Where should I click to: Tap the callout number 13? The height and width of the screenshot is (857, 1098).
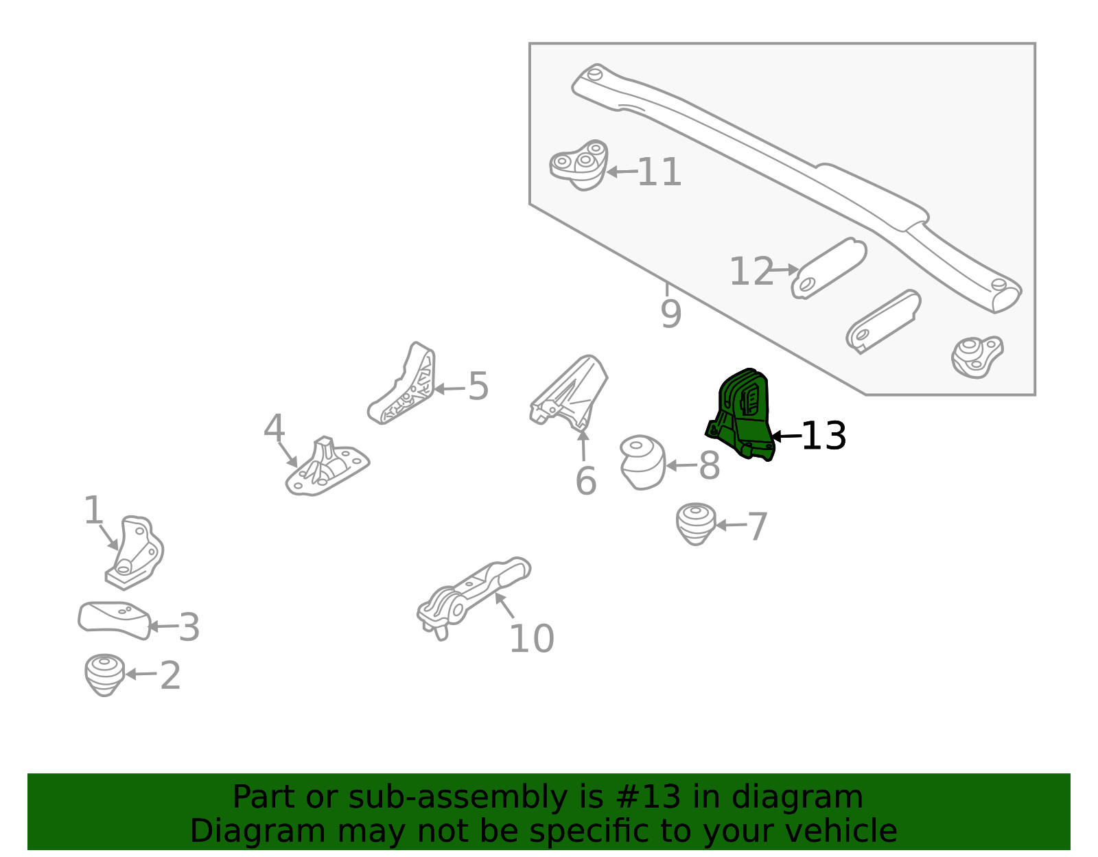tap(823, 436)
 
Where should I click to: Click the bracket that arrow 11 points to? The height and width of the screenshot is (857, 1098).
tap(579, 165)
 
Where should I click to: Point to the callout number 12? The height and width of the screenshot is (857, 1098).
tap(751, 271)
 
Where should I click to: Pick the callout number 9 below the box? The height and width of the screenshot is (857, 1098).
tap(671, 314)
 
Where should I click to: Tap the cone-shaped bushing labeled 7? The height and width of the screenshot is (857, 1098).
tap(696, 524)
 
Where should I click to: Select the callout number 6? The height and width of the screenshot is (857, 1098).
tap(586, 481)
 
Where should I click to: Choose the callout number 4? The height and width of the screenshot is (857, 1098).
tap(274, 427)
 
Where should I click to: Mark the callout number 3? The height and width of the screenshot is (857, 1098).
tap(189, 627)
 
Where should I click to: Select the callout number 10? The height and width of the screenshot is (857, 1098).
tap(532, 639)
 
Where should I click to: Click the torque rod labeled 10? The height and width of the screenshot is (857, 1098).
tap(474, 598)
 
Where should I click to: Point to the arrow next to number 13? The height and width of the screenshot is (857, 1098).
tap(786, 436)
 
